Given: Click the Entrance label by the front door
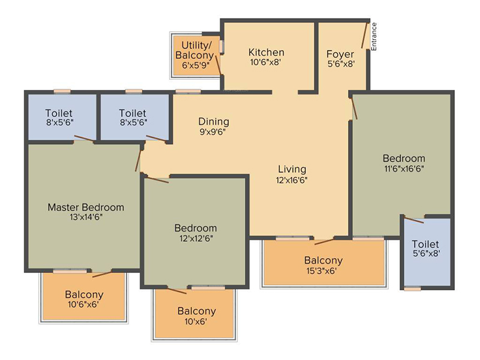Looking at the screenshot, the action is point(374,37).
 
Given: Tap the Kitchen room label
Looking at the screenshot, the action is point(266,52).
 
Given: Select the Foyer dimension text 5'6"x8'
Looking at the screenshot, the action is point(341,64).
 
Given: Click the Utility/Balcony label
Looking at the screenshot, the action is point(194,50).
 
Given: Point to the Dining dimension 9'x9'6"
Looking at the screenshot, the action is point(214,132).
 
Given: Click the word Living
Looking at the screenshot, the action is point(292,169).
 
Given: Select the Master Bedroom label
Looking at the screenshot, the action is point(86,207).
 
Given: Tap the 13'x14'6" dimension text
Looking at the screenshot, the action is point(86,217).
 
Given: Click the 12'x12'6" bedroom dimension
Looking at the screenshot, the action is point(196,238).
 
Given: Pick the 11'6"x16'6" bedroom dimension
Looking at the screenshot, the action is point(404,169).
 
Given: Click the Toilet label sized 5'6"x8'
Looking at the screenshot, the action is point(425,244).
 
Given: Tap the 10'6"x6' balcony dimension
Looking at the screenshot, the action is point(83,304).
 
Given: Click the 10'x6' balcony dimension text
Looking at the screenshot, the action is point(196,322).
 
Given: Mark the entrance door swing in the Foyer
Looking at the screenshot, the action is point(365,35).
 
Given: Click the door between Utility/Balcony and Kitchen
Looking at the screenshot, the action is point(218,65).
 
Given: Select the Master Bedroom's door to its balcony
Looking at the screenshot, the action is point(102,274).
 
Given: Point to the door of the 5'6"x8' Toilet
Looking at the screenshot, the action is point(413,220).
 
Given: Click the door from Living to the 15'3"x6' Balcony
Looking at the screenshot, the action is point(324,242).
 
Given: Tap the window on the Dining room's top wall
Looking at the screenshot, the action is point(188,91).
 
